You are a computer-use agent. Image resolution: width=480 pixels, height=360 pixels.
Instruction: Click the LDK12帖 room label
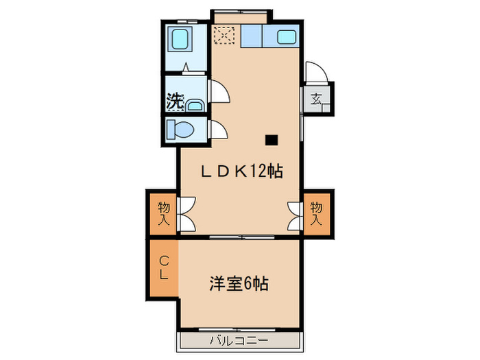[x=241, y=172]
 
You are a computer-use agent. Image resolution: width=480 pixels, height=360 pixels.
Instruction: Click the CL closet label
[x=165, y=267]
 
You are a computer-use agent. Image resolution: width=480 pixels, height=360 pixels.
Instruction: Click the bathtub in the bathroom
[x=182, y=39]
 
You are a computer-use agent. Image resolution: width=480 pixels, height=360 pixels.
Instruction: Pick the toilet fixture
[x=184, y=129]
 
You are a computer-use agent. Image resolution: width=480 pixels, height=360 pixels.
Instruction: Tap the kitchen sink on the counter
[x=286, y=36]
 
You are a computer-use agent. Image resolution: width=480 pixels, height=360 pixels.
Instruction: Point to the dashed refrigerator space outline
[x=224, y=34]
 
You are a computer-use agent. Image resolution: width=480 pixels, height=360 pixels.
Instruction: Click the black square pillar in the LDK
[x=272, y=141]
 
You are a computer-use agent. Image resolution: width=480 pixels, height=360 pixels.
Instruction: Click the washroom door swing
[x=218, y=91]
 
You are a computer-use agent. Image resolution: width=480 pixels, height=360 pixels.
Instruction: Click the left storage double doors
[x=187, y=213]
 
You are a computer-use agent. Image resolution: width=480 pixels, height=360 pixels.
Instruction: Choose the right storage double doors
[x=295, y=213]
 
